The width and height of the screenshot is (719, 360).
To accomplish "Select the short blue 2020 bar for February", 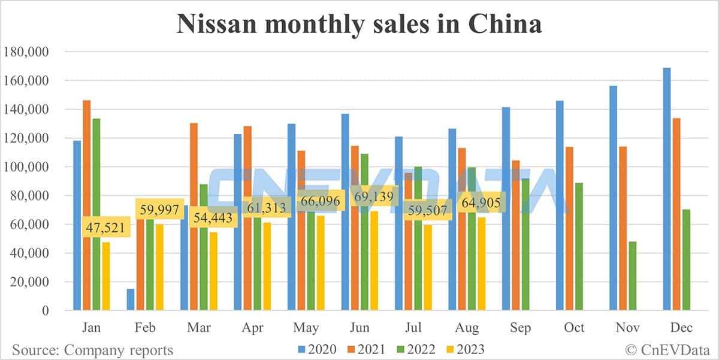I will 131,300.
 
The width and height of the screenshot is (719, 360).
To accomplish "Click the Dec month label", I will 681,328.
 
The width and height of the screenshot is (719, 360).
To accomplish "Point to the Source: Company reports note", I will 93,349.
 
